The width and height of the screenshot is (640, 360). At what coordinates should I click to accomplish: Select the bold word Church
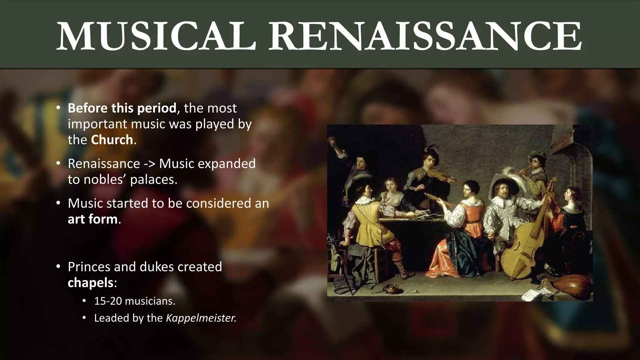click(x=112, y=140)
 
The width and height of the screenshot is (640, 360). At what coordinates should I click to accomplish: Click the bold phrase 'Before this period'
click(x=122, y=108)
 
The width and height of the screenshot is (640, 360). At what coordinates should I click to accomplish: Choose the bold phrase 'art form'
click(x=93, y=219)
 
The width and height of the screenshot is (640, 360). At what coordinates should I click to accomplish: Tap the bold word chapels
click(x=91, y=282)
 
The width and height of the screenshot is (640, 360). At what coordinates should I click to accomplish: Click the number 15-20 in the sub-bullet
click(x=107, y=301)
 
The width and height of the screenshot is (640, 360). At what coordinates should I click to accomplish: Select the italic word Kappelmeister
click(x=201, y=318)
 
